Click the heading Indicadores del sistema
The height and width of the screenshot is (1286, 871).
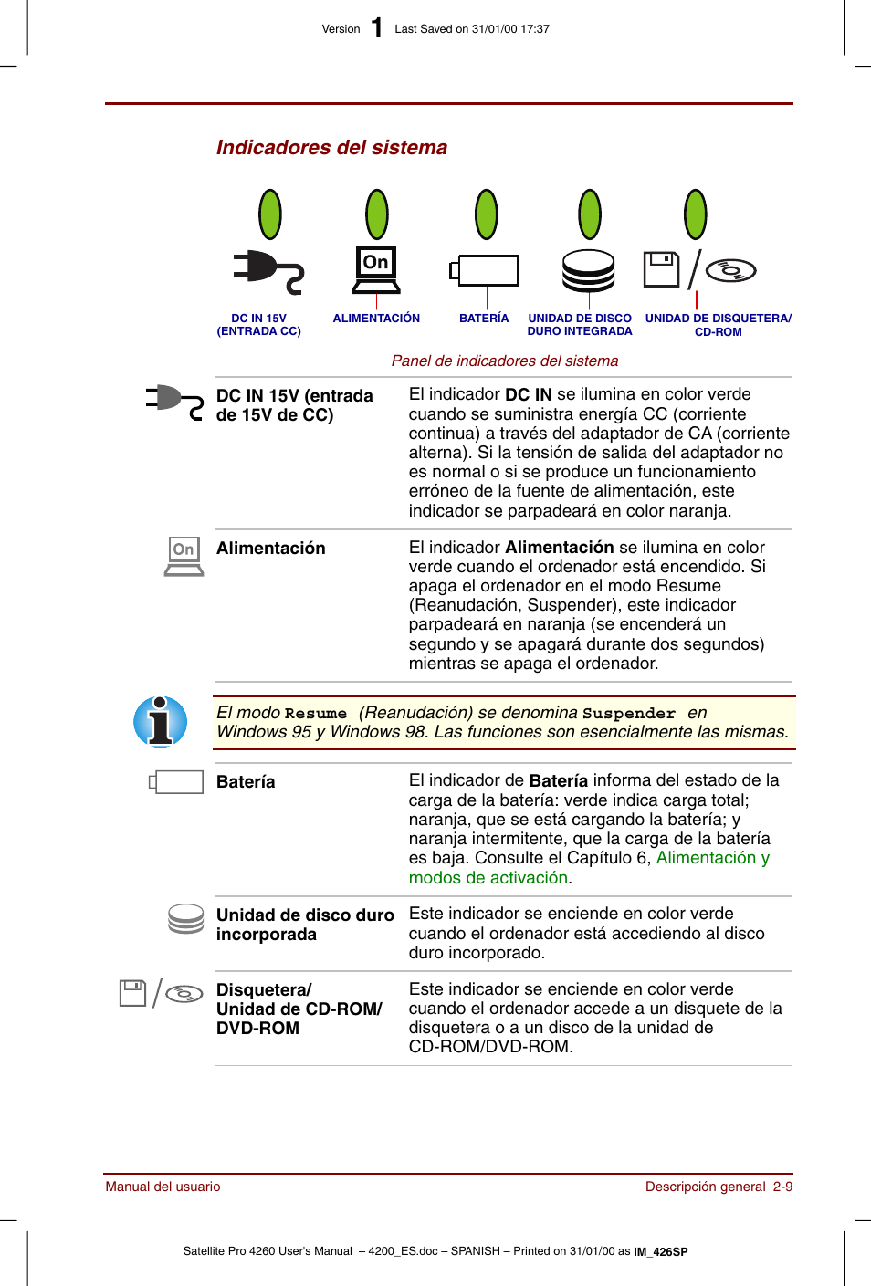click(331, 148)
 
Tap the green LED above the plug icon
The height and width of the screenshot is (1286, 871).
click(269, 214)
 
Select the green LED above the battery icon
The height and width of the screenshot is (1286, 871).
click(487, 214)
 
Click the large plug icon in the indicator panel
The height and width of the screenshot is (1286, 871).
click(267, 271)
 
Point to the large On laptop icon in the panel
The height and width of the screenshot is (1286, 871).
click(376, 270)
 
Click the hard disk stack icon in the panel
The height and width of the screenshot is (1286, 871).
click(589, 270)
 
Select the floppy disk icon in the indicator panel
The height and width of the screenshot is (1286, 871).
click(661, 269)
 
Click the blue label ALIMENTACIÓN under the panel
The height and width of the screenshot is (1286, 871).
click(376, 319)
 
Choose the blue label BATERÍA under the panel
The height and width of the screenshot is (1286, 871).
click(484, 319)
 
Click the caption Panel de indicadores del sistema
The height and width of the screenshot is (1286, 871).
click(504, 361)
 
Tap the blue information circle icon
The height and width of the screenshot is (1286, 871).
click(161, 722)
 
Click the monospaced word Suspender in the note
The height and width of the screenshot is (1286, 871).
click(628, 714)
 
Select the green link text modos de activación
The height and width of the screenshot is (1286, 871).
click(488, 878)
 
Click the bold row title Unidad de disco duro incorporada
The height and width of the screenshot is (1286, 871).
click(305, 925)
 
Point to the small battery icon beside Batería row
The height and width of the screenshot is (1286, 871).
click(176, 782)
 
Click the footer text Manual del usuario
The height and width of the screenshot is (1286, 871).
click(163, 1187)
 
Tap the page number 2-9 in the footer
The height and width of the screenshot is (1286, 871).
click(782, 1187)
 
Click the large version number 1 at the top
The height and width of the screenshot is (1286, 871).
click(377, 27)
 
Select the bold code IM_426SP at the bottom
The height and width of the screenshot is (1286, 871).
click(661, 1251)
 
